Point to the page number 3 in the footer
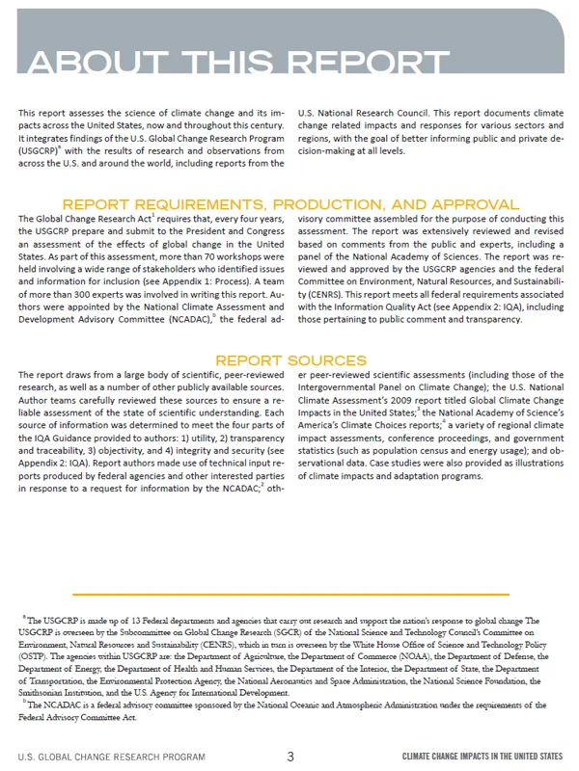[289, 757]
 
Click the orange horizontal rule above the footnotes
[289, 594]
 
